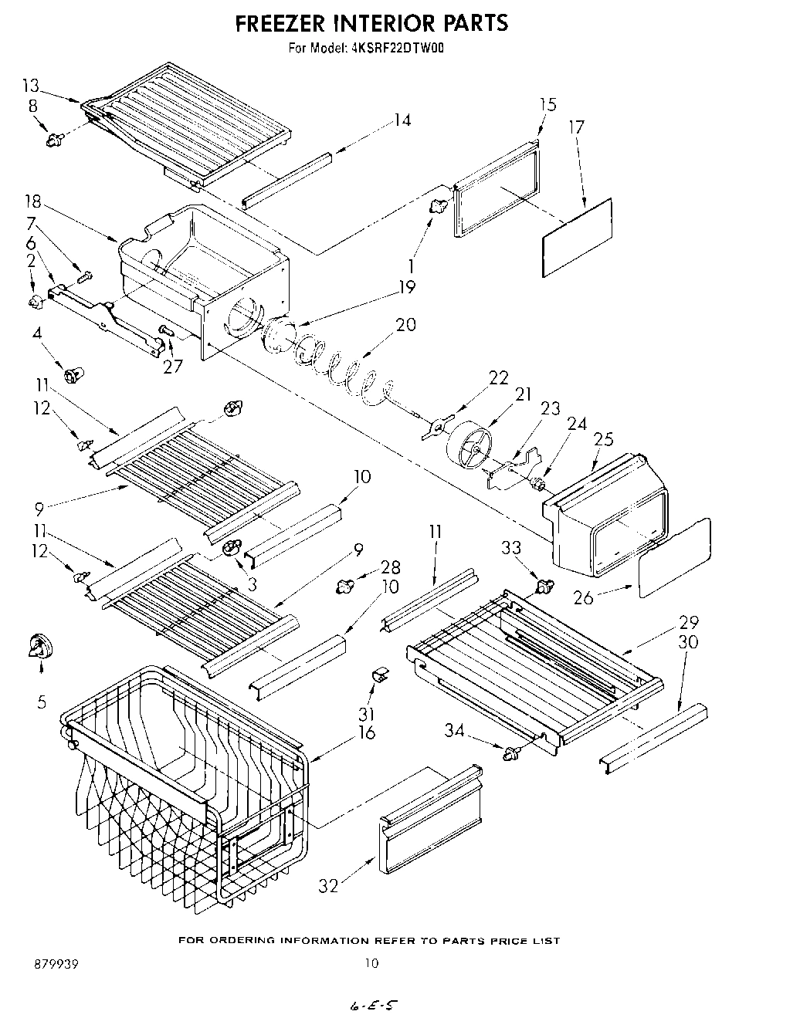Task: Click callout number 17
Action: tap(576, 127)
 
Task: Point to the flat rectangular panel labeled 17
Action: tap(577, 237)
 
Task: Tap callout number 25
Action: tap(603, 439)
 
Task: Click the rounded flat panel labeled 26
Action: tap(674, 557)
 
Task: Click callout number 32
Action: tap(329, 886)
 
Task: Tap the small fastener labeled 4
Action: tap(74, 376)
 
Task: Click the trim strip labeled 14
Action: tap(286, 179)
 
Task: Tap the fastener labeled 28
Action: tap(344, 587)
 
